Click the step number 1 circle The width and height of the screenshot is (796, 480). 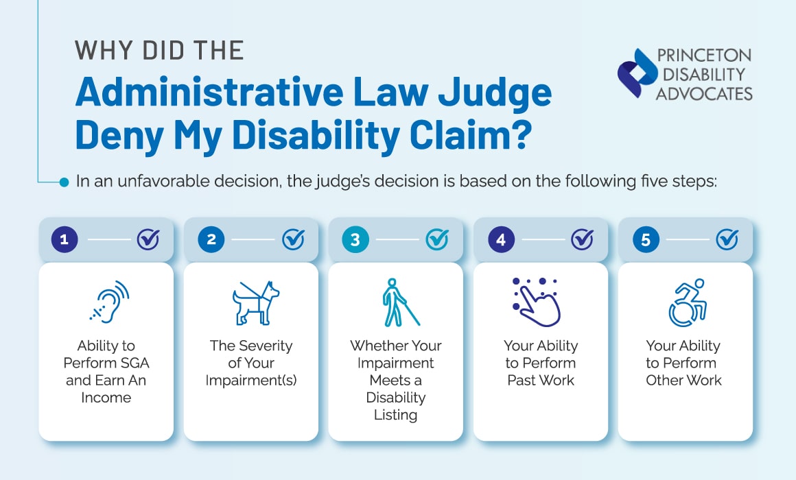coord(65,239)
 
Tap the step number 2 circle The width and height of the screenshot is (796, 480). coord(211,239)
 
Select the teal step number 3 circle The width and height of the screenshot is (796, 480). coord(355,239)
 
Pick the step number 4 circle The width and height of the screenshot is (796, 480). coord(500,239)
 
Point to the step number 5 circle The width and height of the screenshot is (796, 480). coord(645,239)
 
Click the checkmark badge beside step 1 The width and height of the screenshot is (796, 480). coord(148,239)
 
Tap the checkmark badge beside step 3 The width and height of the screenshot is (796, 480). coord(437,239)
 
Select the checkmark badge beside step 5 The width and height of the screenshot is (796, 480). coord(727,239)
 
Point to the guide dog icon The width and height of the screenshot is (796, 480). coord(252,302)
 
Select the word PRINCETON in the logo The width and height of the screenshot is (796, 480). coord(703,56)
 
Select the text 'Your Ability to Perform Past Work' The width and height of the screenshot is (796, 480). coord(541,362)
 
